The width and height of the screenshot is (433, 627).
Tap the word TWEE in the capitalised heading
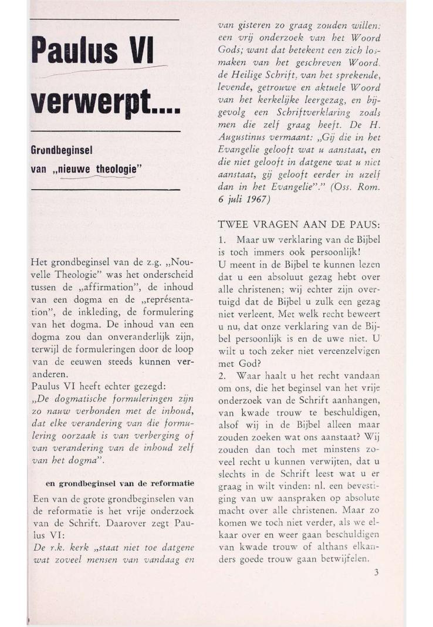(234, 225)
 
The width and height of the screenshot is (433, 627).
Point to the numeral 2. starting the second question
(222, 375)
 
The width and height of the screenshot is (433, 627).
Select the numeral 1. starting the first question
(222, 241)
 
